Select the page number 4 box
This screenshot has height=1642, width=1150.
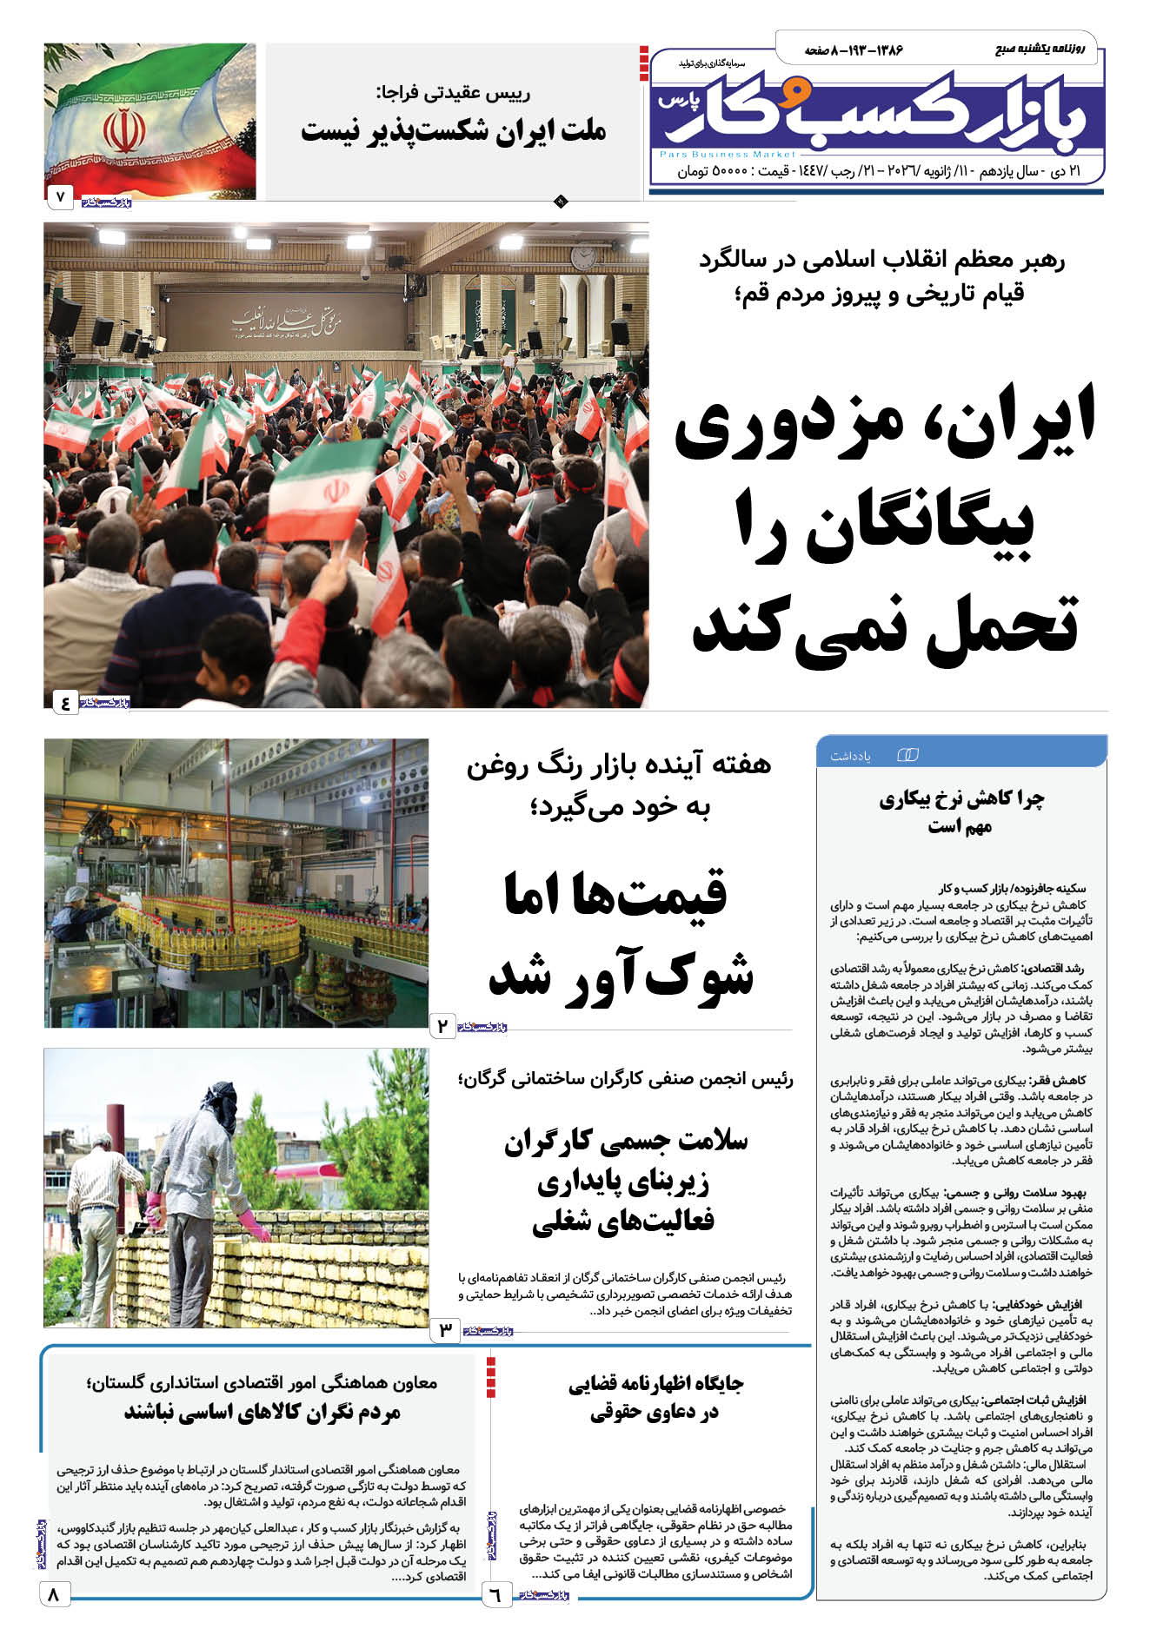tap(65, 702)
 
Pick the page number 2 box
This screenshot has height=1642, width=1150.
tap(442, 1026)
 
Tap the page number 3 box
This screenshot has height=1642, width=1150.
tap(445, 1329)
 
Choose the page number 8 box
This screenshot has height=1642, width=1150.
tap(55, 1594)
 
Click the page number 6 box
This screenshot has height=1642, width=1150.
tap(495, 1595)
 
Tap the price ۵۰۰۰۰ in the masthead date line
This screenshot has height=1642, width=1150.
tap(730, 172)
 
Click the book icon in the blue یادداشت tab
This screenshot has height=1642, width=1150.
tap(907, 755)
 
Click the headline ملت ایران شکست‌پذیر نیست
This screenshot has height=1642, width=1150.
tap(453, 132)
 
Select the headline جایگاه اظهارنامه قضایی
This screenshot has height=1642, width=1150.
tap(655, 1384)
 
